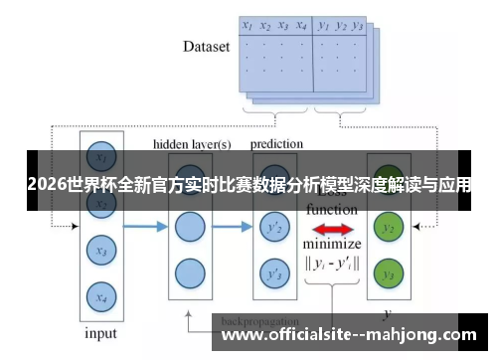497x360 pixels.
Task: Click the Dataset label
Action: (207, 46)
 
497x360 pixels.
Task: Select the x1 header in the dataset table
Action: (247, 25)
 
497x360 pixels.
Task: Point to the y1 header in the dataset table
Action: (323, 25)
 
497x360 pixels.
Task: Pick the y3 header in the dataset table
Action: (358, 25)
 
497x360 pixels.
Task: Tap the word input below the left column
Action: (99, 333)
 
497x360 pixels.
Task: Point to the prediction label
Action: (275, 144)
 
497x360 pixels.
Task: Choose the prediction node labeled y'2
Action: (275, 229)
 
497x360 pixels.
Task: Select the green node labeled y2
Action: (391, 229)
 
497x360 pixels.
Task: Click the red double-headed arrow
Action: (332, 230)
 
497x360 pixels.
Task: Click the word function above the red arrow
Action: (332, 210)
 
